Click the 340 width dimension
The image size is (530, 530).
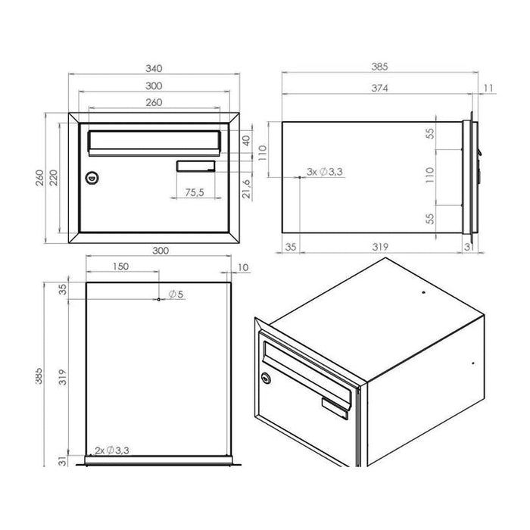154,68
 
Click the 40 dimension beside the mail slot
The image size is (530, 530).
245,141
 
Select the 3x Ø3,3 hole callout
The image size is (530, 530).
326,173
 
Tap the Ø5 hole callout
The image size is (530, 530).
174,293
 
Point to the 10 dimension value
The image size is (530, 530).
242,267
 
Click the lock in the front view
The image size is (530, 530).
92,177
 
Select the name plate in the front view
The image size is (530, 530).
196,167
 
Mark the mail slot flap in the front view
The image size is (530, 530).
154,141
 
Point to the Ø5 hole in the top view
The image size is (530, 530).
157,300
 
